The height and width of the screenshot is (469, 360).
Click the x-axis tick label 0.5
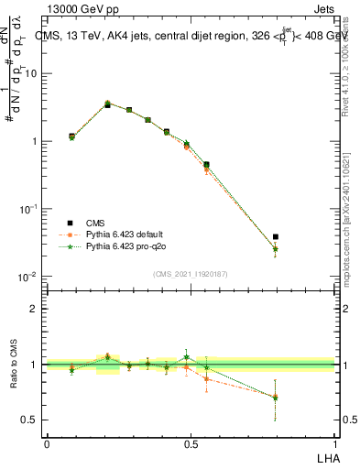coord(191,443)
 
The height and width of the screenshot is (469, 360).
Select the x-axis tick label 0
coord(47,443)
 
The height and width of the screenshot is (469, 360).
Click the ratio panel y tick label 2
coord(33,309)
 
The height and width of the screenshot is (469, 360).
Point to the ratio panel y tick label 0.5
coord(29,420)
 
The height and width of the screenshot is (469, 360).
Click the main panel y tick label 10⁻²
coord(28,277)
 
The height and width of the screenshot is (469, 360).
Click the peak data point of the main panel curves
coord(107,104)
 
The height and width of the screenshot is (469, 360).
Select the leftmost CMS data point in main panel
coord(71,136)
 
